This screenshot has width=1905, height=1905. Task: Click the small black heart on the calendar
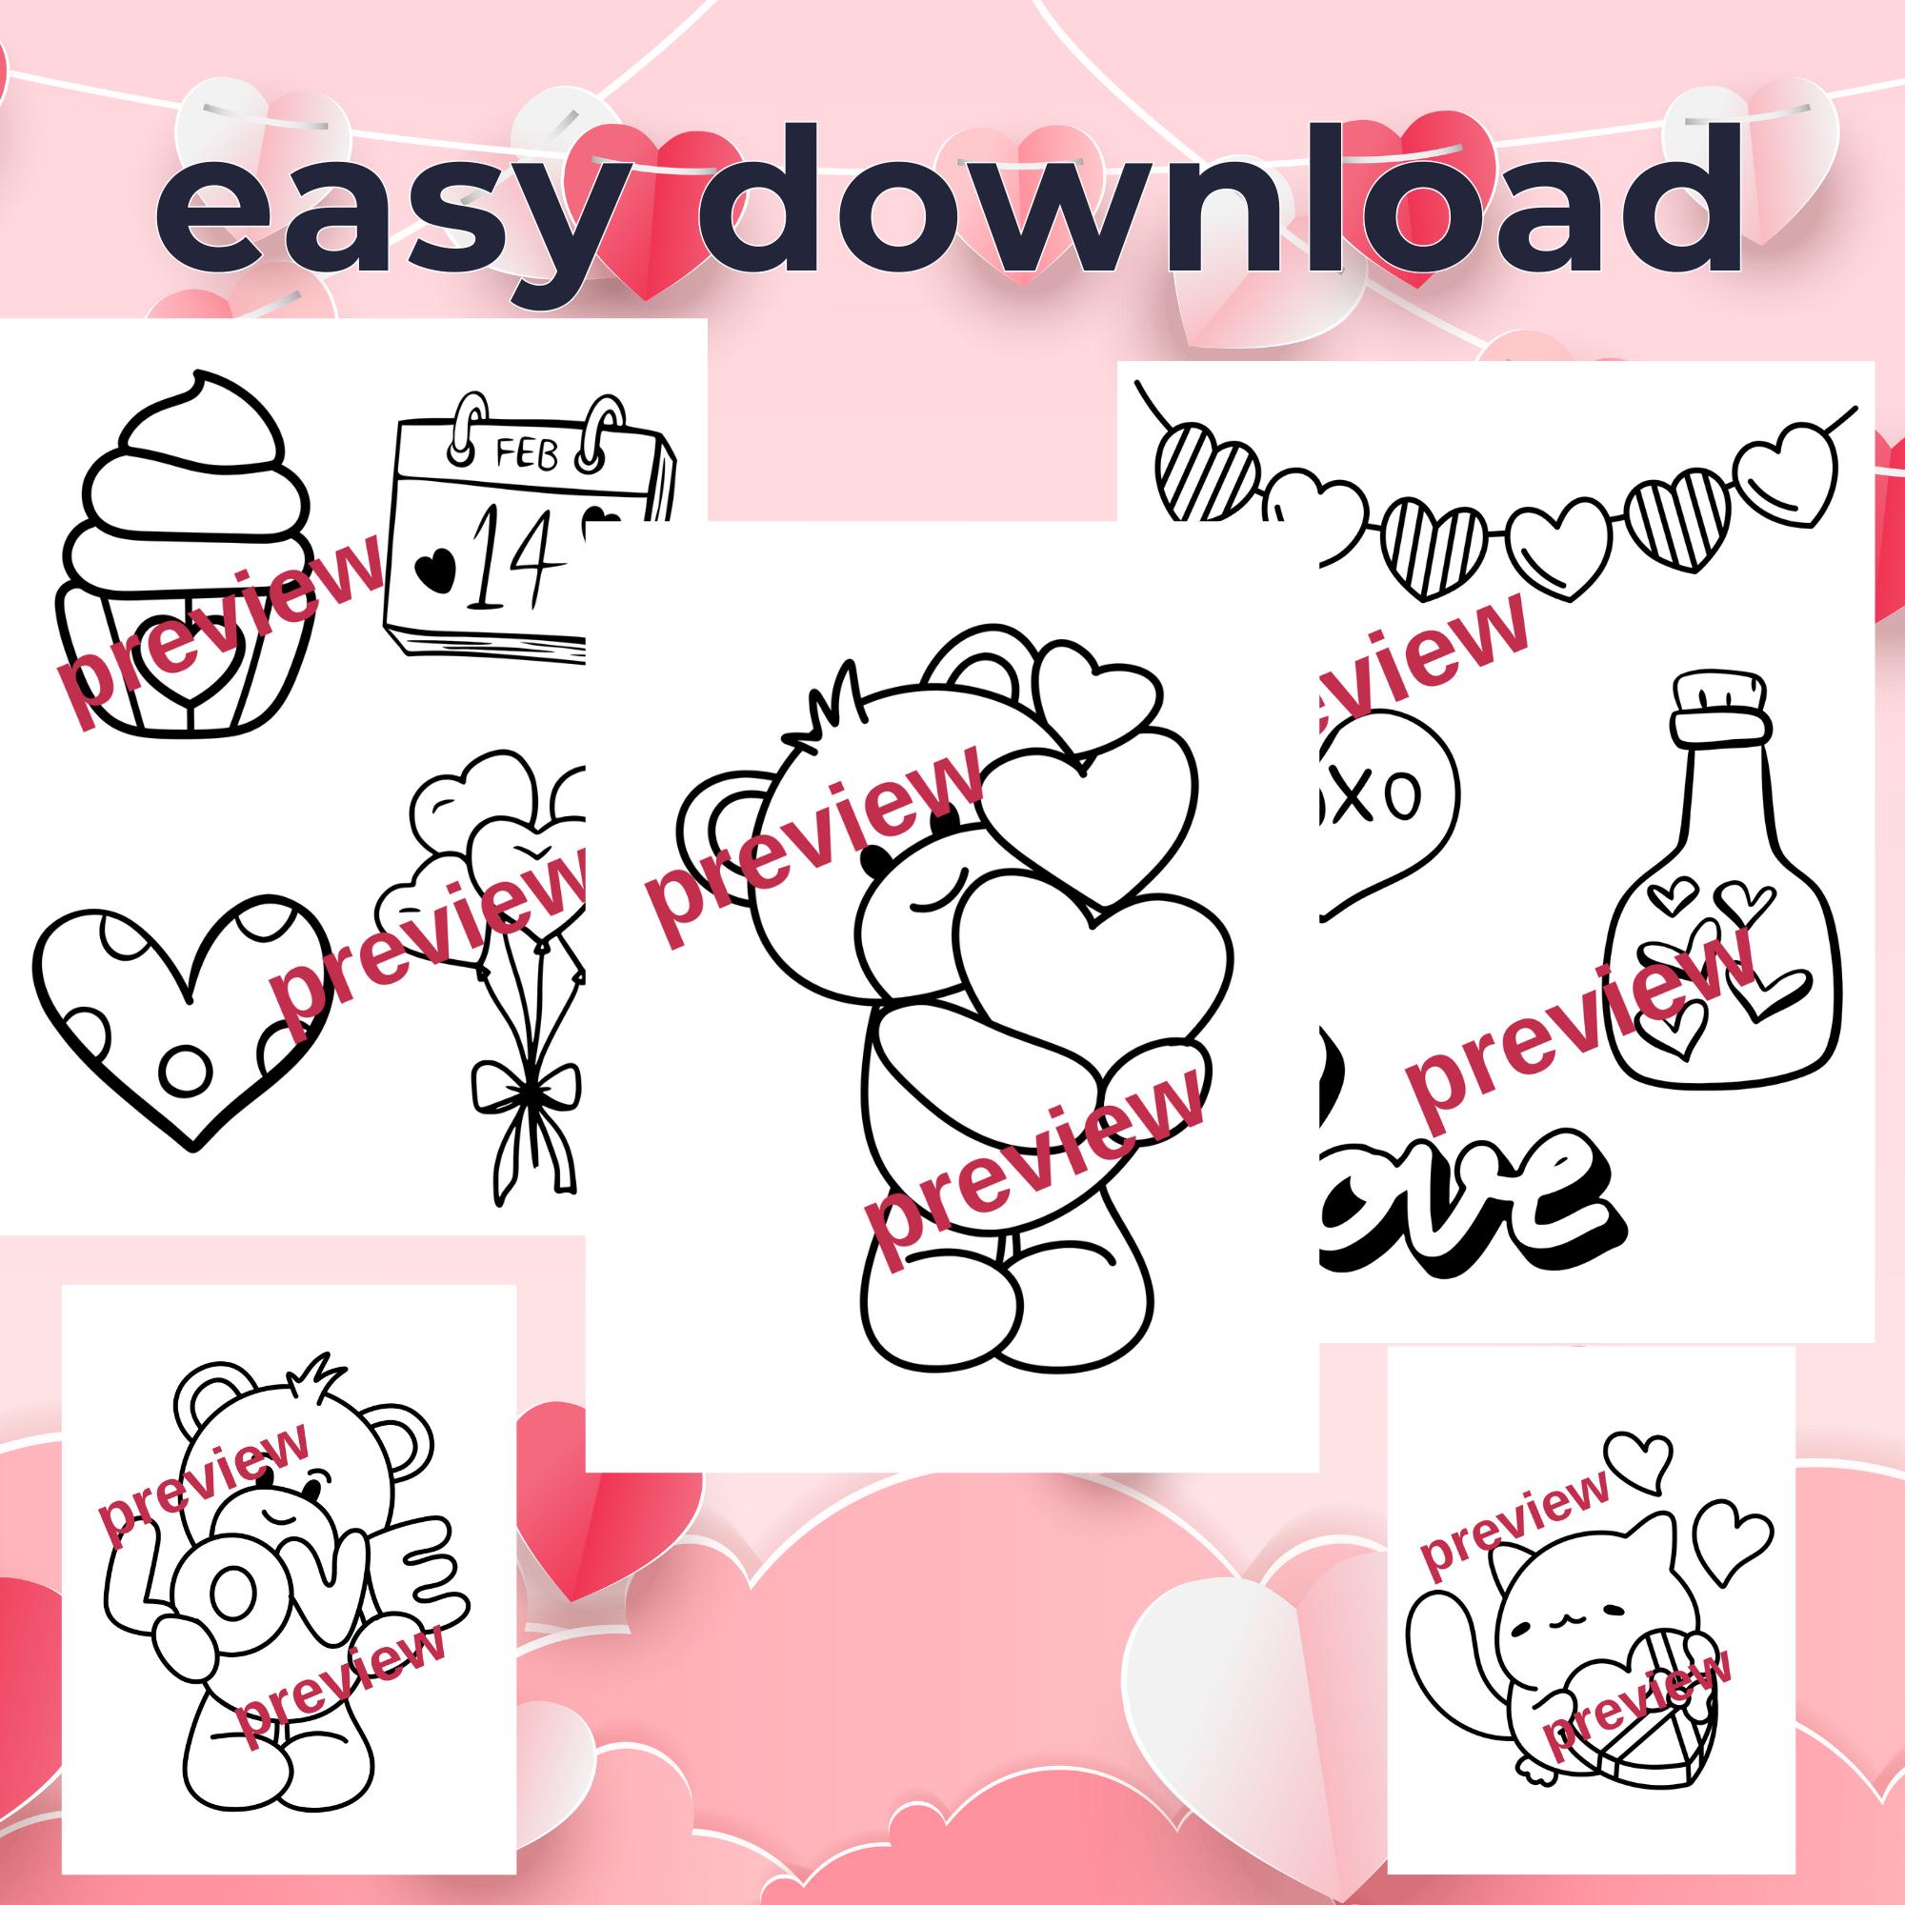point(435,567)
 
